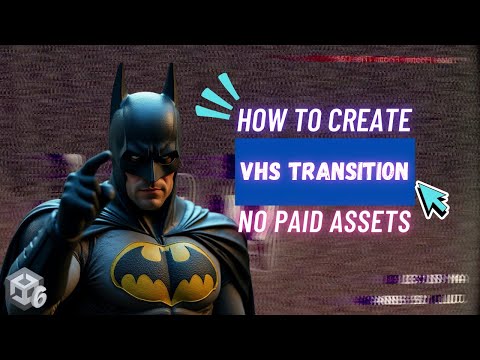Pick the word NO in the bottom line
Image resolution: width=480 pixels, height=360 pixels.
[254, 222]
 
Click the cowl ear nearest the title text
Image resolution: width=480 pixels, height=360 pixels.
[170, 82]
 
